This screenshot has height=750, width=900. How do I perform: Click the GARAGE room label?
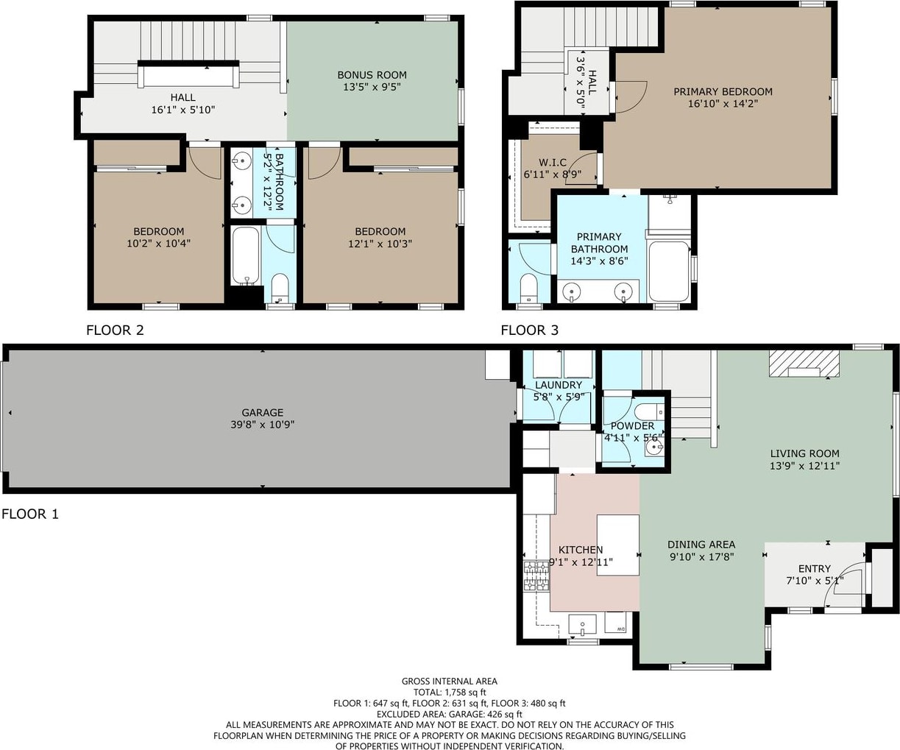coord(263,412)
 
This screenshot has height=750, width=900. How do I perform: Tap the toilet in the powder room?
coord(649,411)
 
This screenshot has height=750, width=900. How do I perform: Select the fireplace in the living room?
coord(804,364)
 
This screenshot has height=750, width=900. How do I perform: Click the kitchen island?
coord(617,545)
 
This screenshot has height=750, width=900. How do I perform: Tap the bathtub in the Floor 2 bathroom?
coord(246,256)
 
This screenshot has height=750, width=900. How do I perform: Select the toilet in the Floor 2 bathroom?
coord(280,288)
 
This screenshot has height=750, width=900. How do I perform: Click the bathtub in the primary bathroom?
coord(668,271)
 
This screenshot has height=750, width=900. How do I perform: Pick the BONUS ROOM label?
coord(372,75)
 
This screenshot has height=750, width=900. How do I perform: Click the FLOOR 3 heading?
coord(529,330)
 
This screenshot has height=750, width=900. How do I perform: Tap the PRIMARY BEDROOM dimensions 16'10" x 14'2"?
coord(723,104)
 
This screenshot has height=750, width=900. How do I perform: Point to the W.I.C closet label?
coord(553,163)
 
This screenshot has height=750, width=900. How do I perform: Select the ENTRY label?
coord(814,568)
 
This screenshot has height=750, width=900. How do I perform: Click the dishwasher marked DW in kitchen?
coord(615,623)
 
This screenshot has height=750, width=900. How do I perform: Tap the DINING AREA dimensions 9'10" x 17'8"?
coord(702,556)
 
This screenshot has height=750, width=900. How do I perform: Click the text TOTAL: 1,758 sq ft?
coord(450,693)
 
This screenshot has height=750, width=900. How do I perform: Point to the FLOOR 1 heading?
coord(30,514)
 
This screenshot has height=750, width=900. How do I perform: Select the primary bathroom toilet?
coord(528,288)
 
